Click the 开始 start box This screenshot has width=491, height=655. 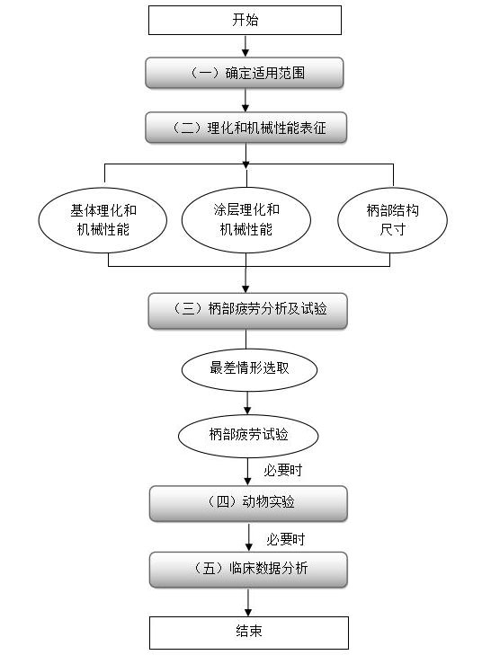point(245,20)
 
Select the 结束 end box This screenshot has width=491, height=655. point(248,632)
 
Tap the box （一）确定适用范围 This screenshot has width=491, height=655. point(245,74)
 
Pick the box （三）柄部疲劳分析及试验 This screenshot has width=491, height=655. point(247,310)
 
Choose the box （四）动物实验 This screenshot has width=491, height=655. point(247,503)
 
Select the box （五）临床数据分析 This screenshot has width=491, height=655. point(247,569)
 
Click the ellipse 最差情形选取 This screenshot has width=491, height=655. point(248,368)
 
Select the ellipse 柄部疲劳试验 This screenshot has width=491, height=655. point(248,434)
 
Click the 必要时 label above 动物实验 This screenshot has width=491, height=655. point(282,471)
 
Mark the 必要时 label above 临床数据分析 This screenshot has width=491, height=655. point(285,539)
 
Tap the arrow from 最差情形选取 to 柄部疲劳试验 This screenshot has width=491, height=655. point(248,401)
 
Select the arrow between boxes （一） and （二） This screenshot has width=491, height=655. point(245,101)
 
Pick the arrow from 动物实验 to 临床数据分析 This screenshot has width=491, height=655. point(248,536)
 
